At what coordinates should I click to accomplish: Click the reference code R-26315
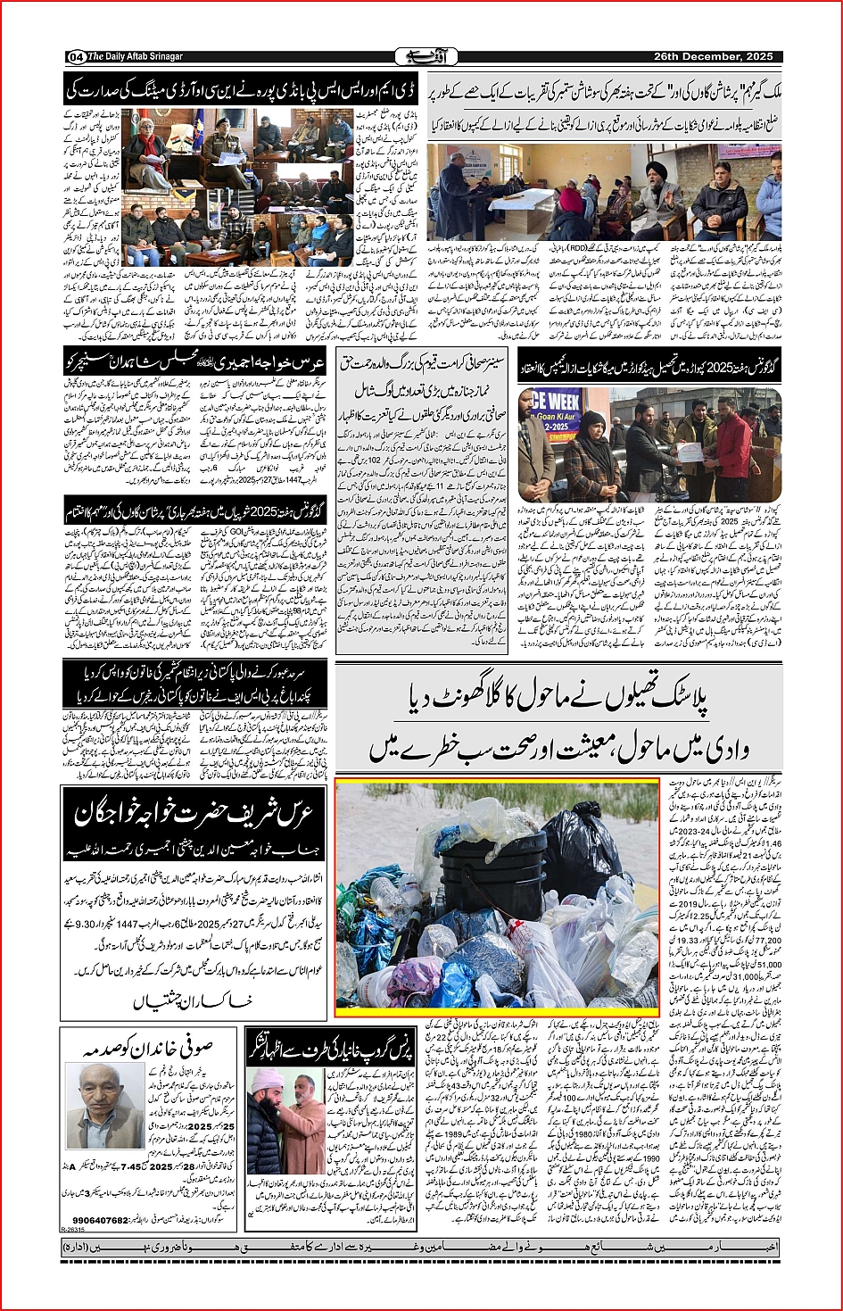[76, 1229]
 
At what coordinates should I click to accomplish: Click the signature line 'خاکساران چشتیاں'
[193, 1001]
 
